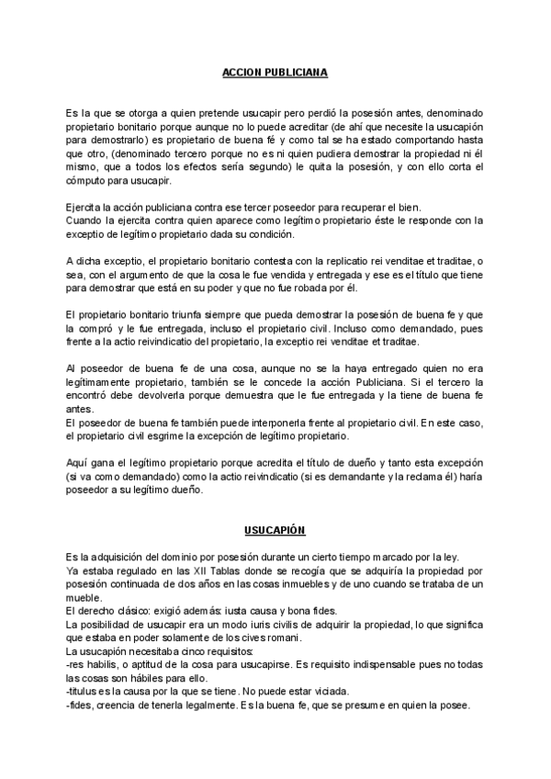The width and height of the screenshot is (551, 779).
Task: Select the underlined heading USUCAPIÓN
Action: pyautogui.click(x=275, y=531)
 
